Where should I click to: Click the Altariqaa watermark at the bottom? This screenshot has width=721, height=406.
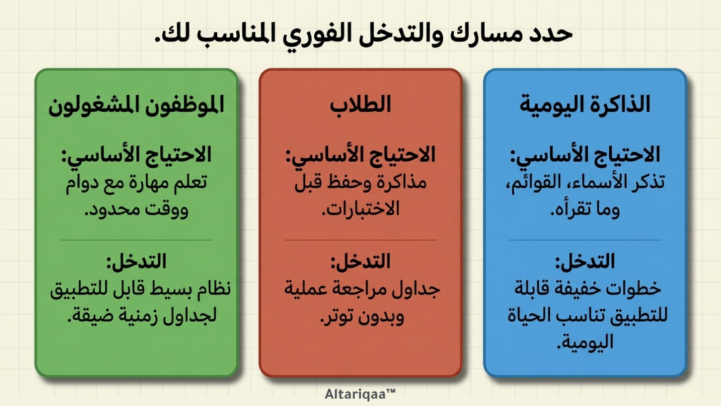coord(360,394)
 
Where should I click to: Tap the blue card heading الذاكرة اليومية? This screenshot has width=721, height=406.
coord(585,104)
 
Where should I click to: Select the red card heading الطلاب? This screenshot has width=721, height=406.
coord(360,104)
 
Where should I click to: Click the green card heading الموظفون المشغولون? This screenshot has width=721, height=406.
coord(136,105)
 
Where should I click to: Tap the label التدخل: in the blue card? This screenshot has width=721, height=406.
coord(585,262)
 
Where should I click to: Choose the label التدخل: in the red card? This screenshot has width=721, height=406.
coord(360,262)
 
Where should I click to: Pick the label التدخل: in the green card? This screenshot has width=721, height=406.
coord(136,262)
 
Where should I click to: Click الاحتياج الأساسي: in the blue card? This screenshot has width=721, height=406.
coord(585,155)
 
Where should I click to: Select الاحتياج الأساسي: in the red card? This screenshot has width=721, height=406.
coord(360,155)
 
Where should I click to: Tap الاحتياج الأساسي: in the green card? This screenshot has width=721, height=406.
coord(136,155)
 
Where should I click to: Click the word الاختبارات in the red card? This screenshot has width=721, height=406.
coord(361,209)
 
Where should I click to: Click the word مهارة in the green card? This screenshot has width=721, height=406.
coord(153,183)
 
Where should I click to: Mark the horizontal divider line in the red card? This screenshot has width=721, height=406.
coord(360,240)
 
